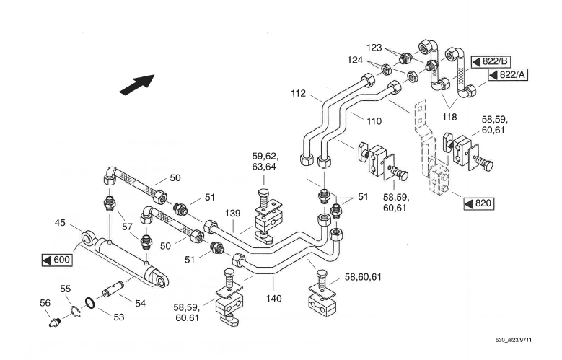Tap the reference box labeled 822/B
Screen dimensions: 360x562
tap(491, 62)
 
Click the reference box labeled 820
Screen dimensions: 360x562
tap(479, 203)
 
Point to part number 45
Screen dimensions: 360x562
tap(61, 223)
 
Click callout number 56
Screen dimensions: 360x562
tap(45, 303)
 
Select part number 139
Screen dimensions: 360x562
tap(232, 214)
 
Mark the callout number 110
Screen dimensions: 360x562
tap(373, 121)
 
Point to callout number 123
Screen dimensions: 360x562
tap(374, 47)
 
